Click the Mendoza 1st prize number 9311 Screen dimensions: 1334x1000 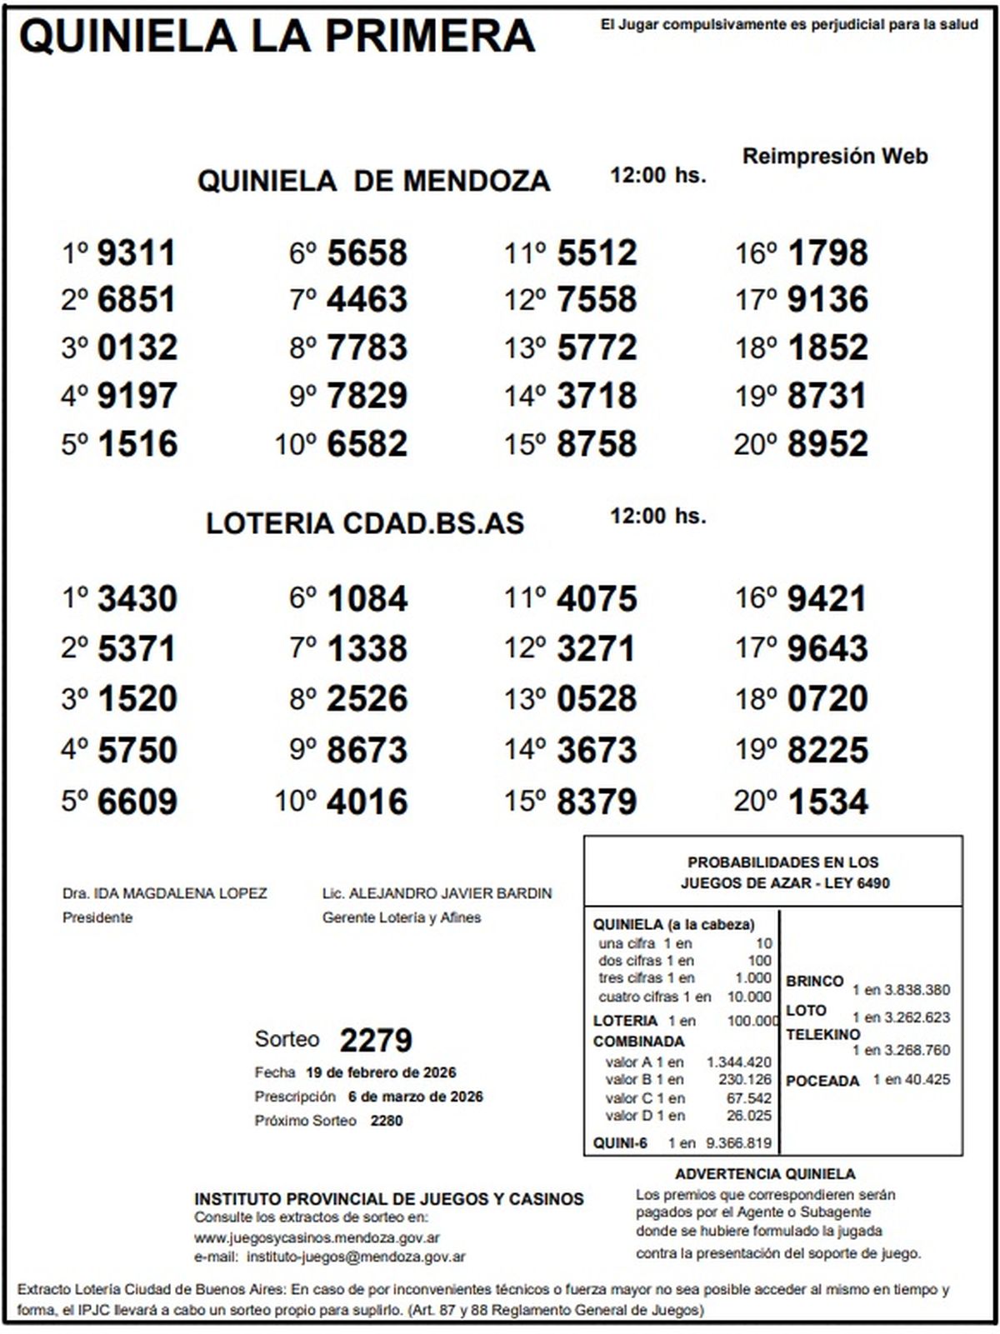coord(137,253)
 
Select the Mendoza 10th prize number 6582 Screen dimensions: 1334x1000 coord(367,444)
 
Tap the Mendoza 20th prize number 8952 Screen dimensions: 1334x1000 coord(827,444)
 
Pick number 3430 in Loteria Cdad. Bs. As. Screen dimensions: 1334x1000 coord(137,599)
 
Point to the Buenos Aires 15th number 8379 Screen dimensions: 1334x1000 coord(597,802)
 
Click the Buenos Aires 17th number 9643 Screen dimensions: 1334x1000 coord(827,649)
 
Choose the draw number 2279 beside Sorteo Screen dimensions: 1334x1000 coord(376,1040)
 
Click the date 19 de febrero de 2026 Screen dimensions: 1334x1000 coord(381,1072)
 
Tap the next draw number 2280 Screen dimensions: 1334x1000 coord(387,1121)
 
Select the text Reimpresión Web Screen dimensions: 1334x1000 coord(835,157)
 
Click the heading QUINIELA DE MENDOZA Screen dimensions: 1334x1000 coord(373,181)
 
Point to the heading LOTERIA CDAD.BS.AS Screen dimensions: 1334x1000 coord(365,523)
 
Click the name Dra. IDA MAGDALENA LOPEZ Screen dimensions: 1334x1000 coord(165,893)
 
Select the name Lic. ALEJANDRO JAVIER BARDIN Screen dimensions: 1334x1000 coord(437,893)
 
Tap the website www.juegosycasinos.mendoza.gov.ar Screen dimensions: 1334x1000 coord(317,1238)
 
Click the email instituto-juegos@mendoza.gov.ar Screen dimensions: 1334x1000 coord(357,1257)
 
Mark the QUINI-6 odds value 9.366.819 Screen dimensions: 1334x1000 coord(738,1143)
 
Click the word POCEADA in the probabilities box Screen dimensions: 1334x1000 coord(822,1081)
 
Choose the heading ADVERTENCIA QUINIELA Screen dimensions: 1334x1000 coord(765,1174)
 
